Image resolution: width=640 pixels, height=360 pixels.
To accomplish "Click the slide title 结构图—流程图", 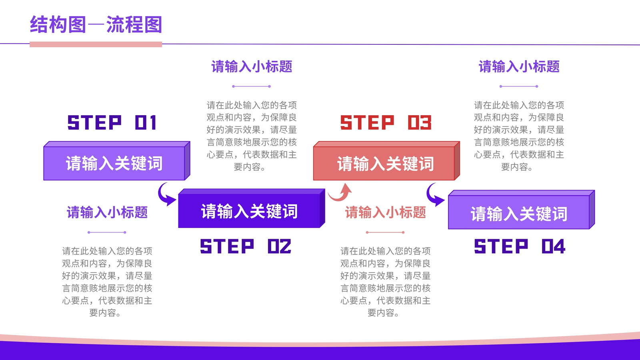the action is (x=96, y=24).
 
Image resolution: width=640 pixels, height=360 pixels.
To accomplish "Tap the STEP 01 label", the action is (x=112, y=122).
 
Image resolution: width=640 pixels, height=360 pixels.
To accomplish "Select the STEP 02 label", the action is (x=246, y=246).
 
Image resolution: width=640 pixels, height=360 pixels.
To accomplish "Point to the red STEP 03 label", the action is (x=386, y=122).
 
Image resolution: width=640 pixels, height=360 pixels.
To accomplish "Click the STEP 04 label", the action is (x=520, y=246).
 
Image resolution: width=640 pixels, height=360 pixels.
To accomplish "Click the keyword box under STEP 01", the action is (x=116, y=161).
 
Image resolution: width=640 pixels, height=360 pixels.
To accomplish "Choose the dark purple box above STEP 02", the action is (x=252, y=208).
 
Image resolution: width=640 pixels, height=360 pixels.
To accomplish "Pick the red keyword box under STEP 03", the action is (x=386, y=161).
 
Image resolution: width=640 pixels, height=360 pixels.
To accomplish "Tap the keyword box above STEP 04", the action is (x=522, y=210).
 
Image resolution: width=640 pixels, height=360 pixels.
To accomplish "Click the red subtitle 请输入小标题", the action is (x=386, y=212).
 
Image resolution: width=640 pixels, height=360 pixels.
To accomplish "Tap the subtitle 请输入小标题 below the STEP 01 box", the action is (x=107, y=212).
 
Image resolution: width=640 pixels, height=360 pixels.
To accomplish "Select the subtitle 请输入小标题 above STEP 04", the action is (x=519, y=66).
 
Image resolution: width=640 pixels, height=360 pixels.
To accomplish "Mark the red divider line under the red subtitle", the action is (x=385, y=232).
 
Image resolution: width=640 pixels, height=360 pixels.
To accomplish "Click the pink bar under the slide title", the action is (x=96, y=44).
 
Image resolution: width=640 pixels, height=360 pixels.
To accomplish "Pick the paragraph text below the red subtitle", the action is (x=386, y=282).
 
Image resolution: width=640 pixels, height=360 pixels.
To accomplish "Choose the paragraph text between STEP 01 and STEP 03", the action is (x=252, y=136).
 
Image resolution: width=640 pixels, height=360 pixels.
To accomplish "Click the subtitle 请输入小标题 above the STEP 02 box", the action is (x=252, y=66).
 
